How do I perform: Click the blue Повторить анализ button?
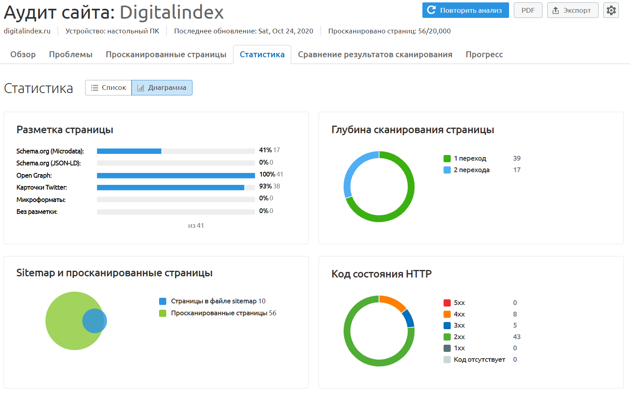tap(465, 10)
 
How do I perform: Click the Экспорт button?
tap(573, 10)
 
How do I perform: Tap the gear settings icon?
tap(611, 10)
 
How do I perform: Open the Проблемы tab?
tap(70, 54)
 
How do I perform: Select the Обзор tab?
tap(23, 54)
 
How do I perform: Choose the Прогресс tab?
tap(484, 54)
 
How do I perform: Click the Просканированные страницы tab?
tap(166, 54)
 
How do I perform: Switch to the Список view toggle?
tap(108, 88)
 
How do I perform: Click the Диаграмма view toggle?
tap(162, 88)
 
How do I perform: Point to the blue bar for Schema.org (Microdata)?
tap(129, 151)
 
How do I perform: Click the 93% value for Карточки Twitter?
tap(265, 186)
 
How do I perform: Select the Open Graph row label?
tap(34, 175)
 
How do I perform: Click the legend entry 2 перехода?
tap(471, 170)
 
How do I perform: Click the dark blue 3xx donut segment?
tap(408, 318)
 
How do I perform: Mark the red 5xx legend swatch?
tap(447, 303)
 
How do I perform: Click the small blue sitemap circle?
tap(95, 321)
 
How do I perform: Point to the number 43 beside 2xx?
tap(517, 337)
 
